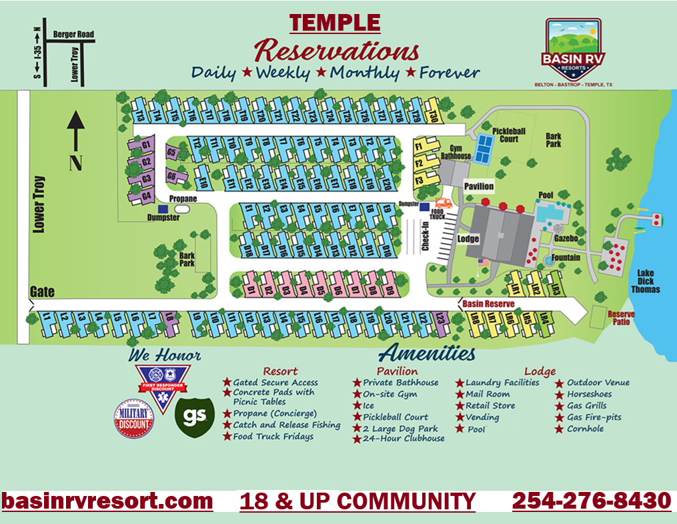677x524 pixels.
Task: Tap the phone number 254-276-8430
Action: [x=591, y=501]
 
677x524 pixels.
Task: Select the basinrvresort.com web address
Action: [x=107, y=501]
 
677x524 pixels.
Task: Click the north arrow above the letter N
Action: [x=75, y=130]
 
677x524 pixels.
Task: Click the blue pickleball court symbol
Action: [x=482, y=148]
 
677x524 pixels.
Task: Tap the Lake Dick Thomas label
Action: [x=644, y=280]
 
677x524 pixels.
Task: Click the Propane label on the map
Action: [x=183, y=199]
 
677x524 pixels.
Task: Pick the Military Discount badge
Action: [x=134, y=419]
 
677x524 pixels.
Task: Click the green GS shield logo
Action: [x=194, y=416]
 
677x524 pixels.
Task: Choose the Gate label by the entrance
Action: [x=41, y=292]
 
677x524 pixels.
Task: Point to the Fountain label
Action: [x=565, y=257]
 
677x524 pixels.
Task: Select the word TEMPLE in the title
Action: [x=335, y=23]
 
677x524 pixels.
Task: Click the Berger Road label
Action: [x=75, y=34]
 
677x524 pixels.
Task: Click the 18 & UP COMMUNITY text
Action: [x=357, y=501]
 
